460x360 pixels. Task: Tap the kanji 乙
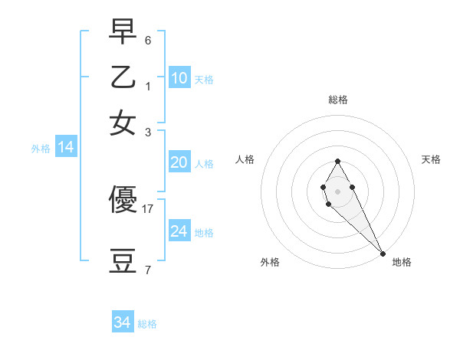click(x=123, y=79)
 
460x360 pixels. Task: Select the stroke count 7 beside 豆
click(x=148, y=270)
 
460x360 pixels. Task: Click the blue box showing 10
click(x=179, y=78)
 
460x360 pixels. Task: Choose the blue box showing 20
click(x=179, y=162)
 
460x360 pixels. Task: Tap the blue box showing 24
click(x=179, y=231)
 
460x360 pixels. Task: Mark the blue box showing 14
click(x=66, y=148)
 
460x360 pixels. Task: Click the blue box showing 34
click(x=123, y=323)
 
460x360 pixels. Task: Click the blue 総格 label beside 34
click(x=147, y=324)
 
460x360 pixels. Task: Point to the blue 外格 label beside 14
click(x=41, y=149)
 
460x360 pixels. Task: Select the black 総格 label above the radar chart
click(x=338, y=100)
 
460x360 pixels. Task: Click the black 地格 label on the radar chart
click(x=402, y=262)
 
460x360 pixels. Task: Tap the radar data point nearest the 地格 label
click(x=383, y=253)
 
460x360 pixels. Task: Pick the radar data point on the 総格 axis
click(x=337, y=161)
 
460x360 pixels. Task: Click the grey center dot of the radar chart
click(x=337, y=191)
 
